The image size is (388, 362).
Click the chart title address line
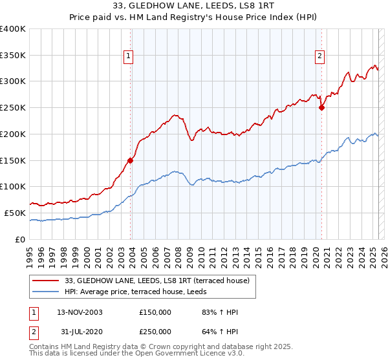pos(193,6)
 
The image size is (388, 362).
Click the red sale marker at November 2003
pos(131,160)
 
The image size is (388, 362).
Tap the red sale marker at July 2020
pos(321,108)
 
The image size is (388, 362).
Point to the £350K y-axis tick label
pos(13,56)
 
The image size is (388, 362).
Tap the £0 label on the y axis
pos(21,239)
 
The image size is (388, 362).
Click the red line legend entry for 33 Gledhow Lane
pos(161,280)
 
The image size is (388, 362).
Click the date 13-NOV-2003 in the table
pos(80,312)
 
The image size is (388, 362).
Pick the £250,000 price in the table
pos(155,331)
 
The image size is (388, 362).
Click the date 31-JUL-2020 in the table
pos(79,331)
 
